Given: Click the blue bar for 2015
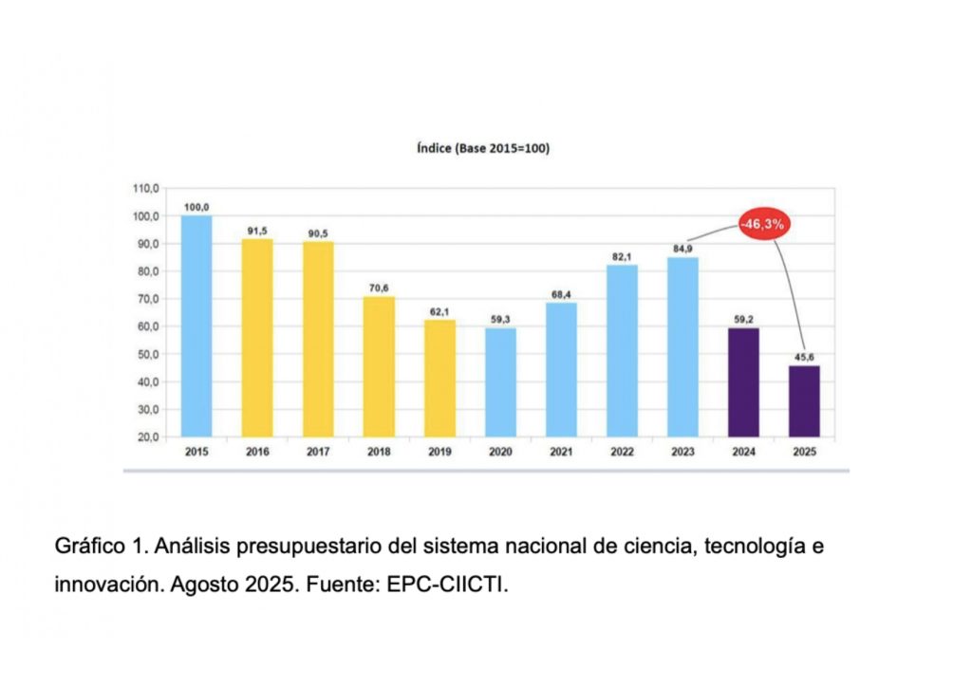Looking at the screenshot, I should click(x=196, y=326).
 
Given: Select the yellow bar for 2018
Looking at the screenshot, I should click(x=379, y=367).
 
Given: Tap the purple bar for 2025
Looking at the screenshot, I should click(x=804, y=401).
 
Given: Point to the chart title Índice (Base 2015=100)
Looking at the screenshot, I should click(x=484, y=149).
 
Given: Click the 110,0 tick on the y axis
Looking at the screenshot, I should click(x=145, y=189).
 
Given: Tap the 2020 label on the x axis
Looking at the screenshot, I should click(x=500, y=452).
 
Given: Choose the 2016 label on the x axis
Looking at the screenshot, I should click(x=257, y=452).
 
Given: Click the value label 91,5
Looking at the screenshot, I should click(x=257, y=230).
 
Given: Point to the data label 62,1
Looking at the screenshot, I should click(x=439, y=311).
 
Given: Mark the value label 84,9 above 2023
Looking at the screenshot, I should click(x=682, y=249).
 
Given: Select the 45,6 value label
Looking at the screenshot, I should click(x=804, y=357).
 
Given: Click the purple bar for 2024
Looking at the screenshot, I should click(x=743, y=382).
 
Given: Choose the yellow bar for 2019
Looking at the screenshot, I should click(x=439, y=379).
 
